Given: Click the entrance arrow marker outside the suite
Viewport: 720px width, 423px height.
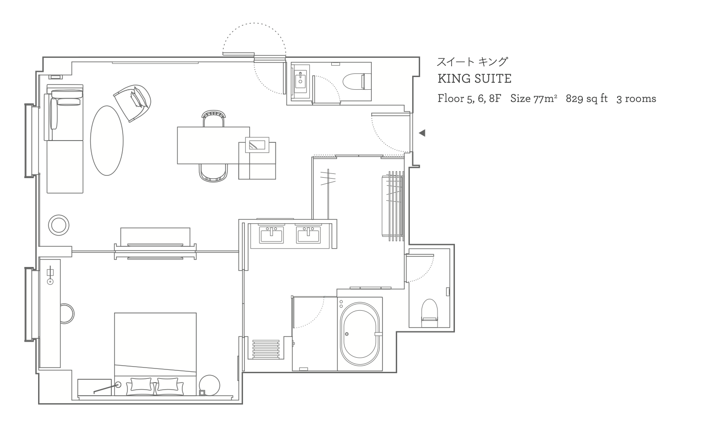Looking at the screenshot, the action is (x=422, y=133).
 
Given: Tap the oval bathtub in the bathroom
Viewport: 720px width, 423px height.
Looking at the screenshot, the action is (x=360, y=334).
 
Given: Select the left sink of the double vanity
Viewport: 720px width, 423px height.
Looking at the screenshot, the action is (x=272, y=235).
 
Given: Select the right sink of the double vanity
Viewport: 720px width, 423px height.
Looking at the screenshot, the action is (x=308, y=235).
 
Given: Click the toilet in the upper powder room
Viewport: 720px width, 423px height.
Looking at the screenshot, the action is (x=357, y=81).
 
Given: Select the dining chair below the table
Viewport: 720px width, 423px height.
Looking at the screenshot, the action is (x=213, y=172).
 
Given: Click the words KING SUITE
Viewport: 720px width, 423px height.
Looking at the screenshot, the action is (x=474, y=79).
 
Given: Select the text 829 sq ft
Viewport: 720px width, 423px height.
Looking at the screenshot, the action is (x=587, y=98).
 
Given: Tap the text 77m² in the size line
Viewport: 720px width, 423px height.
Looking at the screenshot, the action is (x=545, y=98).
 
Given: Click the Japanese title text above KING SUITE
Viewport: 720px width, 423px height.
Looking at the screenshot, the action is (x=472, y=62).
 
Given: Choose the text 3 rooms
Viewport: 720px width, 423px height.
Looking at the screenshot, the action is (x=636, y=99).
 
